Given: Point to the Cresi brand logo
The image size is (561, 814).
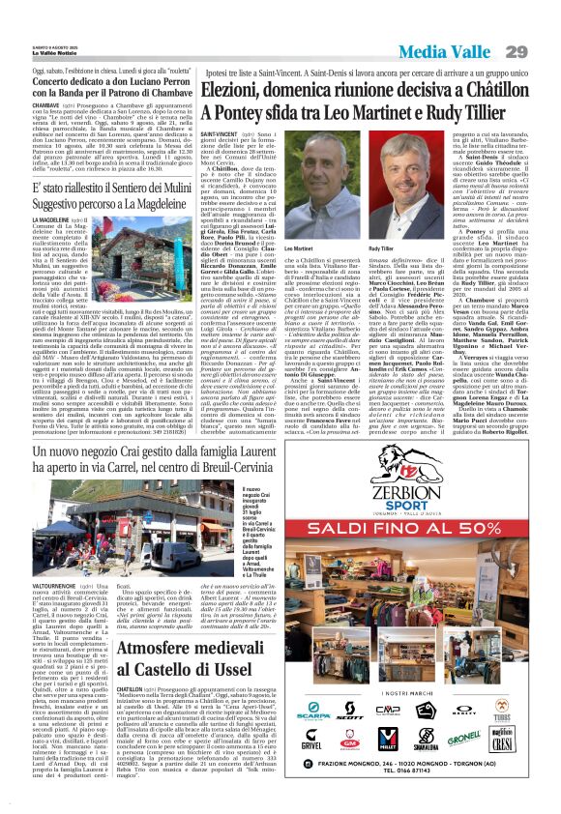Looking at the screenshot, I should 503,743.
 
